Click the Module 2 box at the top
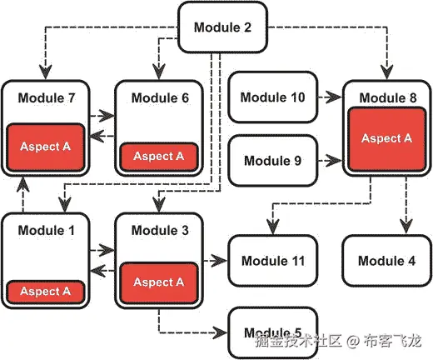[x=222, y=27]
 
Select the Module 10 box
[x=273, y=97]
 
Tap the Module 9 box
[x=273, y=157]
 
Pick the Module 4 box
[x=386, y=261]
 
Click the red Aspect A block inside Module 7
[x=47, y=147]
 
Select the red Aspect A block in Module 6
[x=159, y=156]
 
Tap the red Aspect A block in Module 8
[x=386, y=139]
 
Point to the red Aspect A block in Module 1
[x=47, y=292]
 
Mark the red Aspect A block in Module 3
[x=158, y=282]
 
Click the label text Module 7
[x=47, y=98]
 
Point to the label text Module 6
[x=160, y=98]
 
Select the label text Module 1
[x=47, y=229]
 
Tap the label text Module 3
[x=160, y=229]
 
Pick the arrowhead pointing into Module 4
[x=405, y=227]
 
